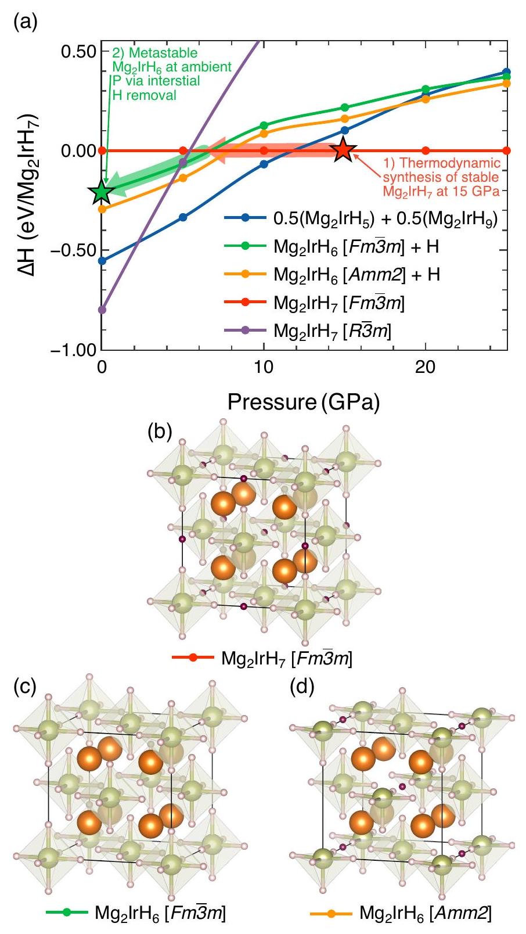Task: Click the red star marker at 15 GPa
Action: [343, 150]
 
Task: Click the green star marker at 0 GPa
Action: [102, 192]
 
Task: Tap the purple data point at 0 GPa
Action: [102, 310]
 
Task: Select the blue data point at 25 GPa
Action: [506, 73]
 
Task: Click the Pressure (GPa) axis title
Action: [304, 402]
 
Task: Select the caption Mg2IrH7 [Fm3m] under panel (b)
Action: [287, 659]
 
